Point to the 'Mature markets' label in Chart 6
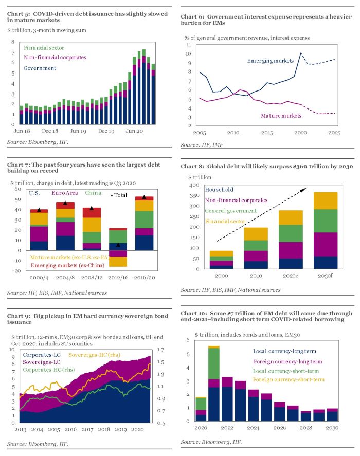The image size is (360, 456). [280, 116]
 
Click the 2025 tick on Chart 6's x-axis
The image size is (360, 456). [333, 133]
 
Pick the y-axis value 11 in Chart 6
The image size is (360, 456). [189, 44]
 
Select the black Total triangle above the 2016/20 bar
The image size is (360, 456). [145, 197]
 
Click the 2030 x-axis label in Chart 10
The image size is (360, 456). [332, 427]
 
